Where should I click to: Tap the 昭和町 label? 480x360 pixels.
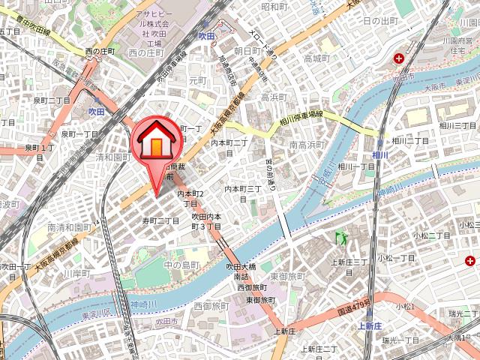click(x=274, y=7)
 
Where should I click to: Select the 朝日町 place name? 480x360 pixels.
click(x=247, y=50)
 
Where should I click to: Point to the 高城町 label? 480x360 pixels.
click(x=316, y=58)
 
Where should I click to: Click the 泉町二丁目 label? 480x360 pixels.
click(x=52, y=100)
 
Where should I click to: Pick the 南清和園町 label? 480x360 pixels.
click(x=69, y=227)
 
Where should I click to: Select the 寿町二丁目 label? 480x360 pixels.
click(x=161, y=220)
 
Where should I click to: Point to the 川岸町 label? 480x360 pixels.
click(x=76, y=273)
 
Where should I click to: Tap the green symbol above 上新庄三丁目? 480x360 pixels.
click(x=342, y=238)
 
